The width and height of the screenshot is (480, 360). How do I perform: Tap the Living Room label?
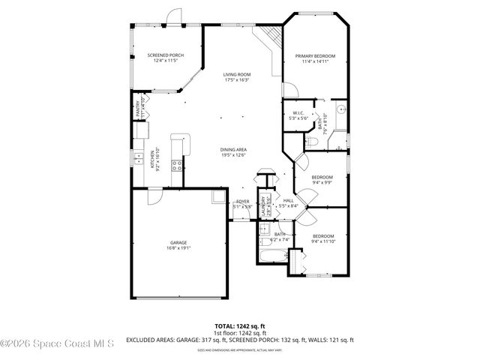point(236,74)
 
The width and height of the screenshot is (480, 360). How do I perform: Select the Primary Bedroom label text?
point(315,56)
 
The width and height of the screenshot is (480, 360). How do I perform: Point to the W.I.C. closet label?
point(298,114)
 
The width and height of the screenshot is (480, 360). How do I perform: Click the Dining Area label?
point(234,149)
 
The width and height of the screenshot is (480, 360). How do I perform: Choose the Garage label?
point(178,243)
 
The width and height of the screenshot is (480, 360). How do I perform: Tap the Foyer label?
point(242,202)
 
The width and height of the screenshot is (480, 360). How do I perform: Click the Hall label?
point(288,201)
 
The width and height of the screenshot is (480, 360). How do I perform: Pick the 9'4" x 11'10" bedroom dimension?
point(322,241)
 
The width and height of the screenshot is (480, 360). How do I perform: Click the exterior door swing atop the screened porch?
point(174,16)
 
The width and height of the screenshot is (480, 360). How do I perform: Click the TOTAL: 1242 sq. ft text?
point(239,326)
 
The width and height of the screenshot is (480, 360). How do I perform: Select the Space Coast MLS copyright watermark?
point(57,344)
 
